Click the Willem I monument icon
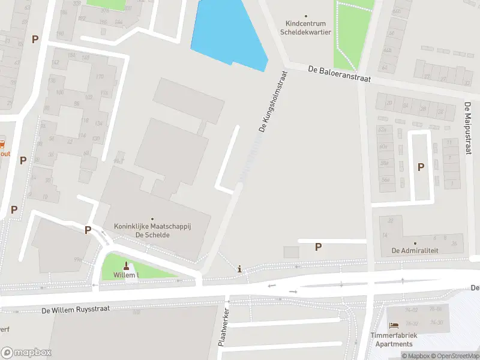coord(126,266)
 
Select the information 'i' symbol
coord(241,269)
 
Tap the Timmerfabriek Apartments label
coord(394,340)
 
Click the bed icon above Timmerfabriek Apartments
coord(394,325)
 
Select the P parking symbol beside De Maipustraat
coord(421,167)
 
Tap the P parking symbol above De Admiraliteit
coord(318,246)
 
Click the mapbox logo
coord(26,352)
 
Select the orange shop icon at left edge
coord(2,144)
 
